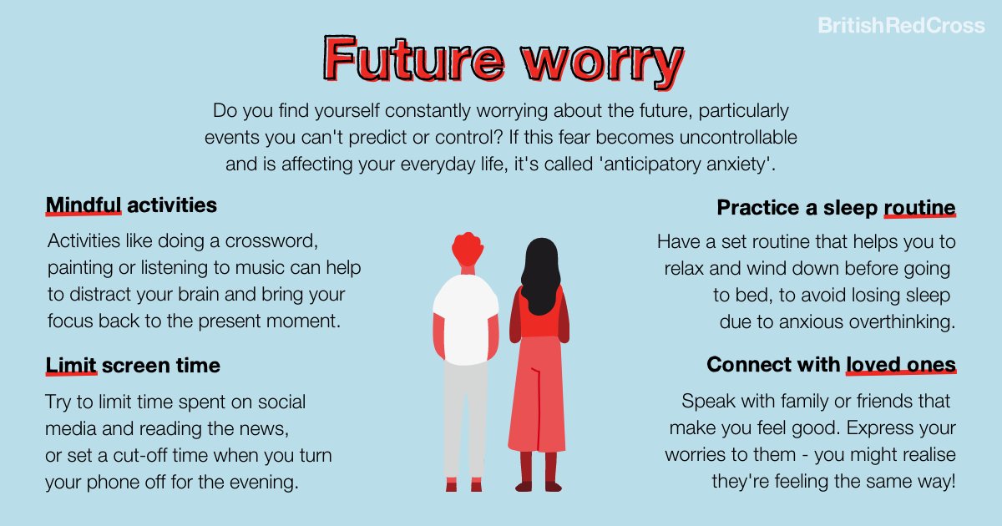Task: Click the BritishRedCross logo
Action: click(x=901, y=26)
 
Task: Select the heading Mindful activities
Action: click(x=131, y=205)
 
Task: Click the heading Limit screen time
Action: click(x=133, y=365)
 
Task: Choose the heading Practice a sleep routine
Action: click(x=836, y=207)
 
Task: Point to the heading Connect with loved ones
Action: click(x=831, y=365)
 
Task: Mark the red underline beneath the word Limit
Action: click(x=72, y=375)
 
